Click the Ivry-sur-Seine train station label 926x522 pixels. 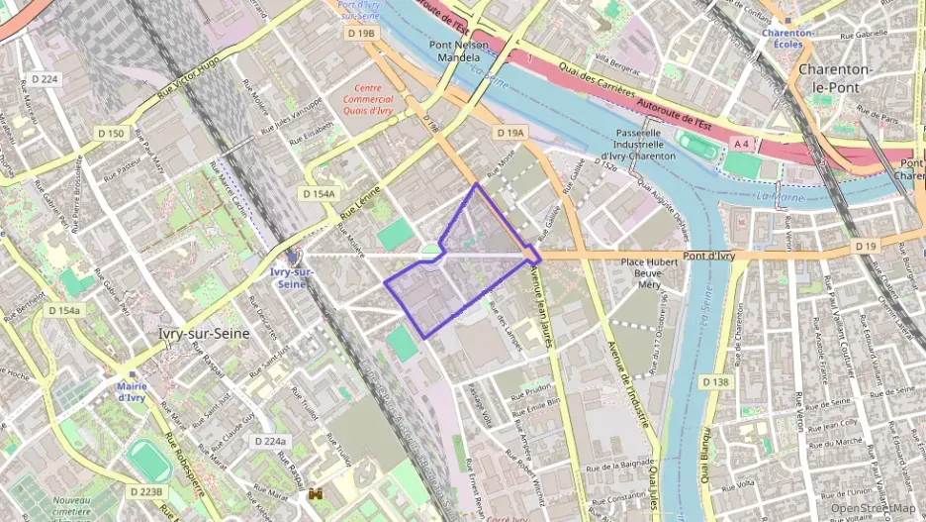tap(292, 277)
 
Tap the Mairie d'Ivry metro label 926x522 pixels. tap(132, 392)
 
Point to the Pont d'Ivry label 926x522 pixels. tap(709, 255)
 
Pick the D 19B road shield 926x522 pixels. tap(363, 33)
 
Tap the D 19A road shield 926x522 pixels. tap(510, 132)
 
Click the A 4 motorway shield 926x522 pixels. tap(741, 144)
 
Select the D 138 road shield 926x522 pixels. tap(715, 381)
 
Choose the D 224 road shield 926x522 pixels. tap(44, 79)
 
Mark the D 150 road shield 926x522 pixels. tap(112, 133)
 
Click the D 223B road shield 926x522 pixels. tap(145, 491)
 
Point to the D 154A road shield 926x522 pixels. tap(320, 194)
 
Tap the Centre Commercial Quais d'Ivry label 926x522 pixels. tap(367, 99)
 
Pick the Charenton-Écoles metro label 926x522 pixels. tap(788, 38)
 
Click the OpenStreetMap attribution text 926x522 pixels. tap(874, 508)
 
